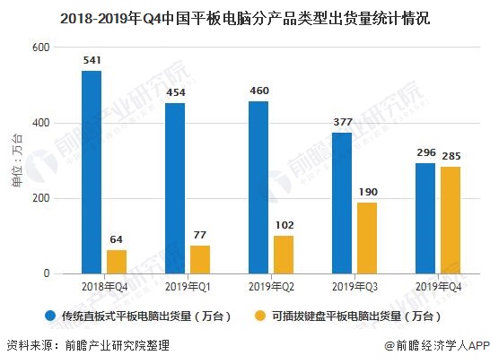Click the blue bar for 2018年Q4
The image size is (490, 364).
(92, 172)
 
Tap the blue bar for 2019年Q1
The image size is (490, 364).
(175, 188)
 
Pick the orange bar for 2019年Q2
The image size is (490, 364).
(284, 255)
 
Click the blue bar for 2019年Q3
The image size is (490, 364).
(342, 203)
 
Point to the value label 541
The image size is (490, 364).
(92, 62)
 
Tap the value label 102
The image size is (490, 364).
(284, 224)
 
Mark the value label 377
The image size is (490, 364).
(342, 123)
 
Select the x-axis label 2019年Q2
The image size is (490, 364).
(258, 287)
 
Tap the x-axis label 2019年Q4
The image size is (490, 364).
(425, 287)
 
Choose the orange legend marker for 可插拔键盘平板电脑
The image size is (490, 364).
(260, 316)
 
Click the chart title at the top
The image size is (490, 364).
(244, 16)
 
